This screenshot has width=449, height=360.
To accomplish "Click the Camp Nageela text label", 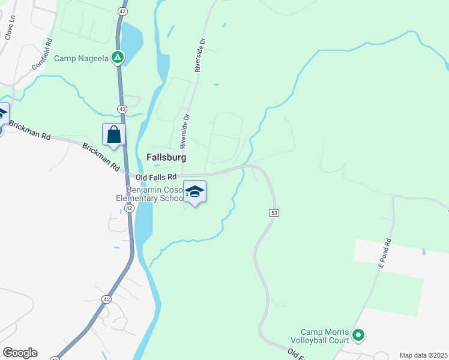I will click(82, 58).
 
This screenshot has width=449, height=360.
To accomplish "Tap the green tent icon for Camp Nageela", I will click(118, 58).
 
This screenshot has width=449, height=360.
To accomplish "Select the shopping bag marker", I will click(113, 135).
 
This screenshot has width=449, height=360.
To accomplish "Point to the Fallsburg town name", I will click(166, 157).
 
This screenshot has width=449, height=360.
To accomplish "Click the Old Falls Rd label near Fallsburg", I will click(157, 177).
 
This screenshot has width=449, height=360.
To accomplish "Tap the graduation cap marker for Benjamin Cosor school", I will click(194, 192).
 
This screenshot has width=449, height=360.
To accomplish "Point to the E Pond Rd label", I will click(384, 253).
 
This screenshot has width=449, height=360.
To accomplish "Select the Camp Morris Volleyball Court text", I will click(325, 336).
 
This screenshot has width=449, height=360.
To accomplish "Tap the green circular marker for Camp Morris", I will click(358, 335).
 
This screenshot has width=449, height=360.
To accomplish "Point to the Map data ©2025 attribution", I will click(423, 355).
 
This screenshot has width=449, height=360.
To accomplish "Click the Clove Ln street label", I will click(10, 27).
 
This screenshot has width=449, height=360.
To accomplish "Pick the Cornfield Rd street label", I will click(43, 55).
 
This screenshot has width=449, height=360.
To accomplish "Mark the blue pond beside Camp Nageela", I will click(131, 38).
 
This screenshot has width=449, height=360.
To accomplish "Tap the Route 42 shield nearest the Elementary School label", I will click(129, 207).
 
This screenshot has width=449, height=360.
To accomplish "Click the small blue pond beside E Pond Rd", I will click(424, 251).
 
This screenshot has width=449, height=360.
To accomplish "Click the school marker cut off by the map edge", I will click(2, 113).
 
